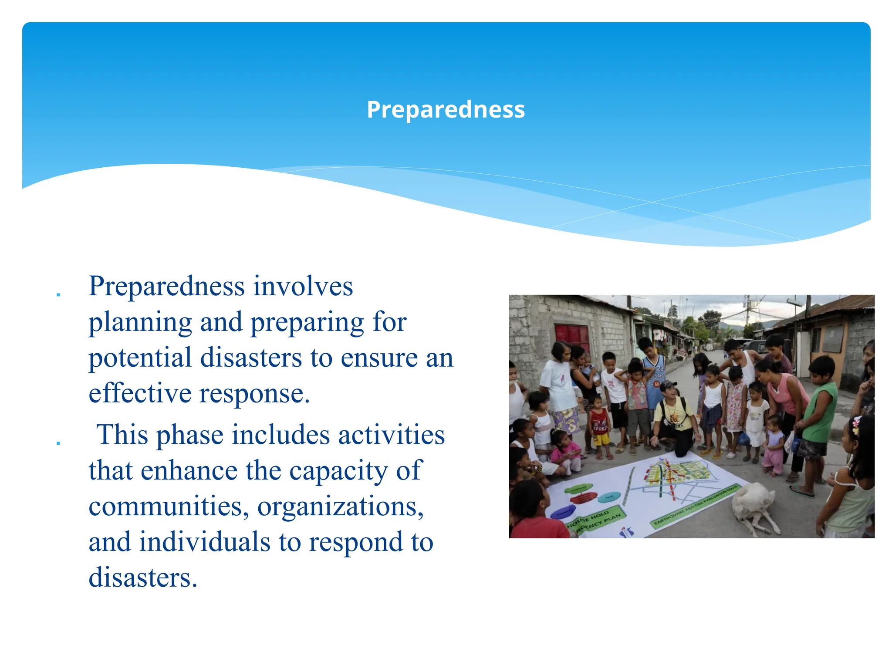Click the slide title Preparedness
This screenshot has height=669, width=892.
pyautogui.click(x=446, y=109)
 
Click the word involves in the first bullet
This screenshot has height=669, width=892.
pyautogui.click(x=303, y=287)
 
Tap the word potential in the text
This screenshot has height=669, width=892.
pyautogui.click(x=140, y=358)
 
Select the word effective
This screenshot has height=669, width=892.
pyautogui.click(x=140, y=394)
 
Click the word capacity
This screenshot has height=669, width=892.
pyautogui.click(x=338, y=471)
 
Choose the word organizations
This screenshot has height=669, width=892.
pyautogui.click(x=341, y=507)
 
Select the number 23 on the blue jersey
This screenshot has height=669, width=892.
pyautogui.click(x=660, y=369)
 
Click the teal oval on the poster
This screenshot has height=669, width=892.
pyautogui.click(x=609, y=497)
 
